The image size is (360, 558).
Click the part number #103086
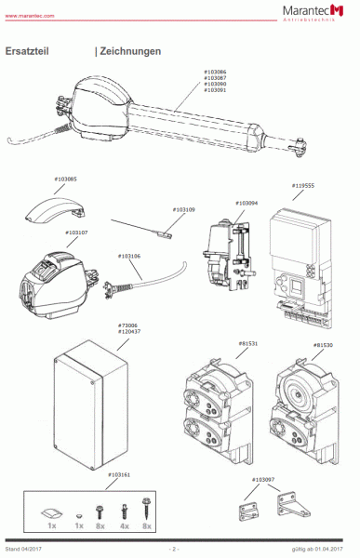pos(215,71)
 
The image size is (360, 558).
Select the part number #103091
pos(215,90)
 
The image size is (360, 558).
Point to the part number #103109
pos(183,210)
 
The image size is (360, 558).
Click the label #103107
pos(77,232)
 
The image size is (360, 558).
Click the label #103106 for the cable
pos(129,256)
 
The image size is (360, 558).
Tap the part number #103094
pos(246,202)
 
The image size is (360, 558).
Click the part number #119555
pos(303,185)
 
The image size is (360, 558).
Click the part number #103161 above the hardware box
pos(119,474)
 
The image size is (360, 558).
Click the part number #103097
pos(263,480)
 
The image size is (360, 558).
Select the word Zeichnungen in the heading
pos(130,51)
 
